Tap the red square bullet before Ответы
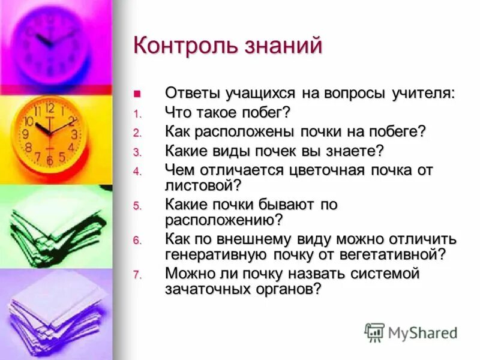pyautogui.click(x=137, y=94)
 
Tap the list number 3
pyautogui.click(x=136, y=152)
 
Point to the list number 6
pyautogui.click(x=136, y=241)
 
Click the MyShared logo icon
pyautogui.click(x=374, y=332)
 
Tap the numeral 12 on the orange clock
pyautogui.click(x=50, y=109)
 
